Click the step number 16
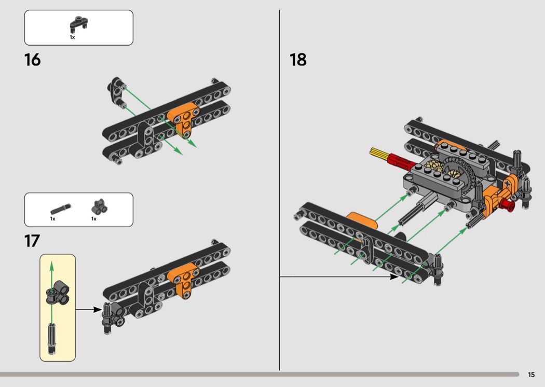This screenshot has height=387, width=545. [x=32, y=60]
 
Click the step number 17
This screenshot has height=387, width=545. [x=32, y=241]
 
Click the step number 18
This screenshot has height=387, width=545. [x=298, y=60]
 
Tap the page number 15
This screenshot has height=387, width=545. [x=531, y=375]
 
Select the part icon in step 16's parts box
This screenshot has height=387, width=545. [x=79, y=24]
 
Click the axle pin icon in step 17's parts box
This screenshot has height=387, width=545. [x=61, y=210]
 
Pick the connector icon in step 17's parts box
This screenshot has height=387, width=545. [x=100, y=207]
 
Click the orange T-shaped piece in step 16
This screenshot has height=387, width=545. [x=184, y=120]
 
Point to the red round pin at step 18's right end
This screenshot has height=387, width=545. [x=508, y=205]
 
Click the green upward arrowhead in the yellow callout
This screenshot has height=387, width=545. [x=51, y=267]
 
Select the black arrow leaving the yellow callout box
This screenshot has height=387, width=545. [x=89, y=309]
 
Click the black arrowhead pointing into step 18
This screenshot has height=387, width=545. [x=394, y=277]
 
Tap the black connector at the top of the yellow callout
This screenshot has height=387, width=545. [x=57, y=293]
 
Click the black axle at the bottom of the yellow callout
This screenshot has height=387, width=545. [x=51, y=338]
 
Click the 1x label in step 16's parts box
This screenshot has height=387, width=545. [x=72, y=37]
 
